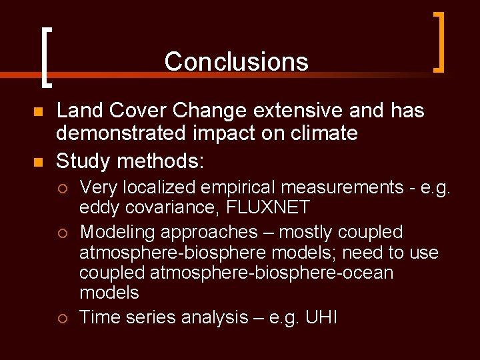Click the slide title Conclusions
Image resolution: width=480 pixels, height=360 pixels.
[x=236, y=61]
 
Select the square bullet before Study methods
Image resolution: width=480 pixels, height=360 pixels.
[x=37, y=163]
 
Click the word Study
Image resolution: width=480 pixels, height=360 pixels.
[x=83, y=162]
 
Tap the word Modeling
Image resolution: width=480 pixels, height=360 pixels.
[x=117, y=233]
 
